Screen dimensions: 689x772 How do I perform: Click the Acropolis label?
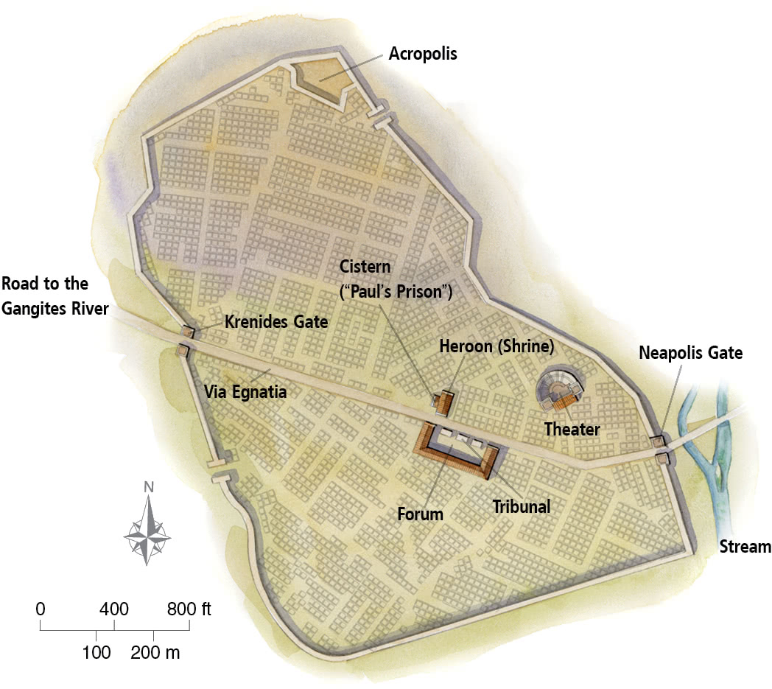[423, 55]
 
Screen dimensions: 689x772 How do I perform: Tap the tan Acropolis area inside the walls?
[319, 78]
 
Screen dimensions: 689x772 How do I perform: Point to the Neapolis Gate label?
[690, 353]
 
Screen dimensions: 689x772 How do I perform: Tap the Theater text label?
[572, 428]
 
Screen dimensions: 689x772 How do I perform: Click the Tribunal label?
[521, 506]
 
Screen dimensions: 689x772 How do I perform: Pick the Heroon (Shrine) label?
[496, 346]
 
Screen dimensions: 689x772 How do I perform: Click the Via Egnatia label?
[244, 392]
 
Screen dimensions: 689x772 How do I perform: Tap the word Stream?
[745, 547]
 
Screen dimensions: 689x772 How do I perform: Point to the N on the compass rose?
[149, 486]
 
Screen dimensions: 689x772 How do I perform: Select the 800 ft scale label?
[189, 609]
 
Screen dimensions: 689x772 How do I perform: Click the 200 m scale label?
[155, 652]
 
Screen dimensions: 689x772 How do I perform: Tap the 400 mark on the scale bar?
[114, 609]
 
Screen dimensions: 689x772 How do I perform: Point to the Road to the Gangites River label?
[55, 296]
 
